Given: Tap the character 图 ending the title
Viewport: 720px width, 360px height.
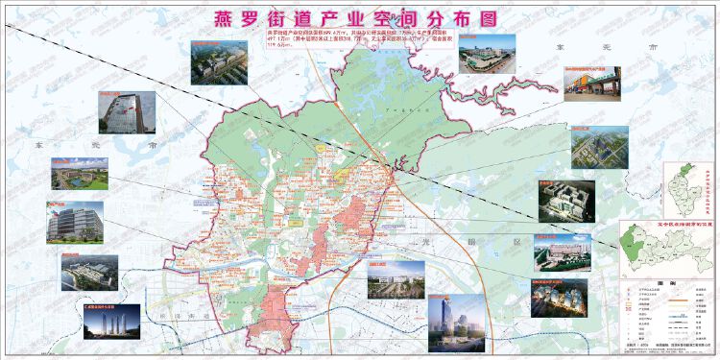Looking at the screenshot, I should coord(493,19).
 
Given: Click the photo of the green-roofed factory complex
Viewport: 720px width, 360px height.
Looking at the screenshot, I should coord(489,58).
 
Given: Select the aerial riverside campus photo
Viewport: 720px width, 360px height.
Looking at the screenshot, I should coord(89,272).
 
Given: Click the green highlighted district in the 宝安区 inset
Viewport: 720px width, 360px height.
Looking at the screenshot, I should coord(636,234).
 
